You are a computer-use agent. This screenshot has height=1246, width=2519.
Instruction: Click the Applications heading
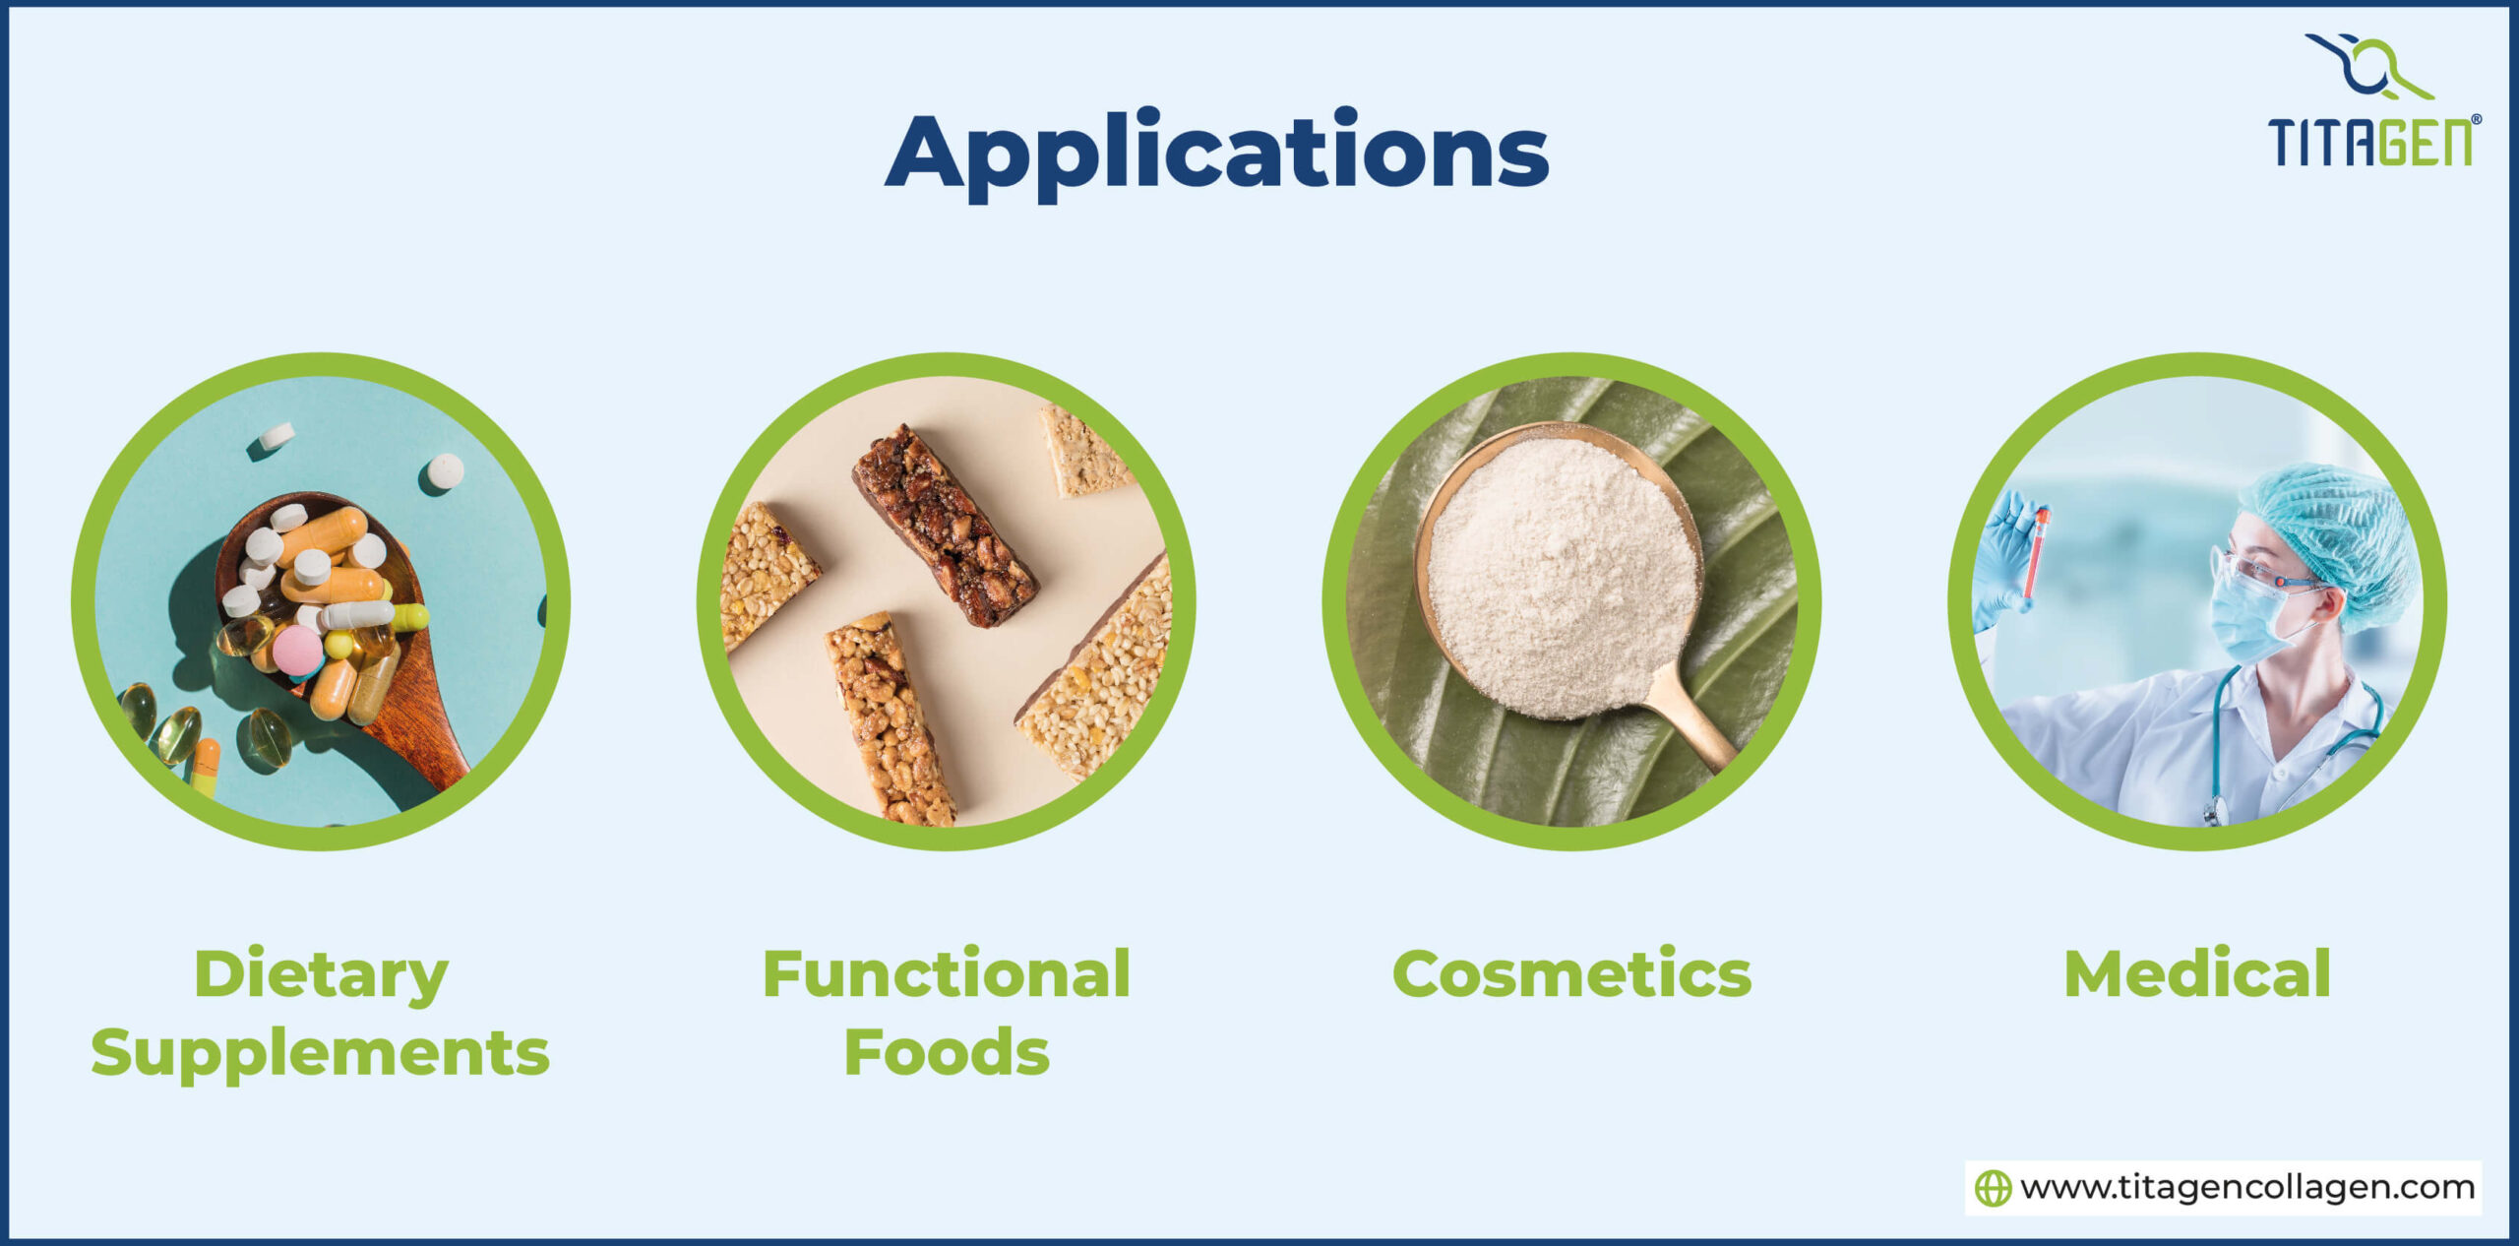(1216, 154)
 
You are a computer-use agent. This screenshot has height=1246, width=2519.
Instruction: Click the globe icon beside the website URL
(1993, 1188)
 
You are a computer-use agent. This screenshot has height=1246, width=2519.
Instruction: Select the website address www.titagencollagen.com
(2247, 1188)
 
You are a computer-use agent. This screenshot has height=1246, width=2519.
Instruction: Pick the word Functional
(946, 974)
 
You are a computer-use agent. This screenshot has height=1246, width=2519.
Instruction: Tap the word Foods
(946, 1052)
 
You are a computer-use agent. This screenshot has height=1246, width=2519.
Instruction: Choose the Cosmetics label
(1571, 974)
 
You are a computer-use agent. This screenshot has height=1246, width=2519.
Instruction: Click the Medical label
(2196, 974)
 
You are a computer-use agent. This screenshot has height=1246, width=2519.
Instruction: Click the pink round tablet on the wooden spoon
(296, 651)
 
